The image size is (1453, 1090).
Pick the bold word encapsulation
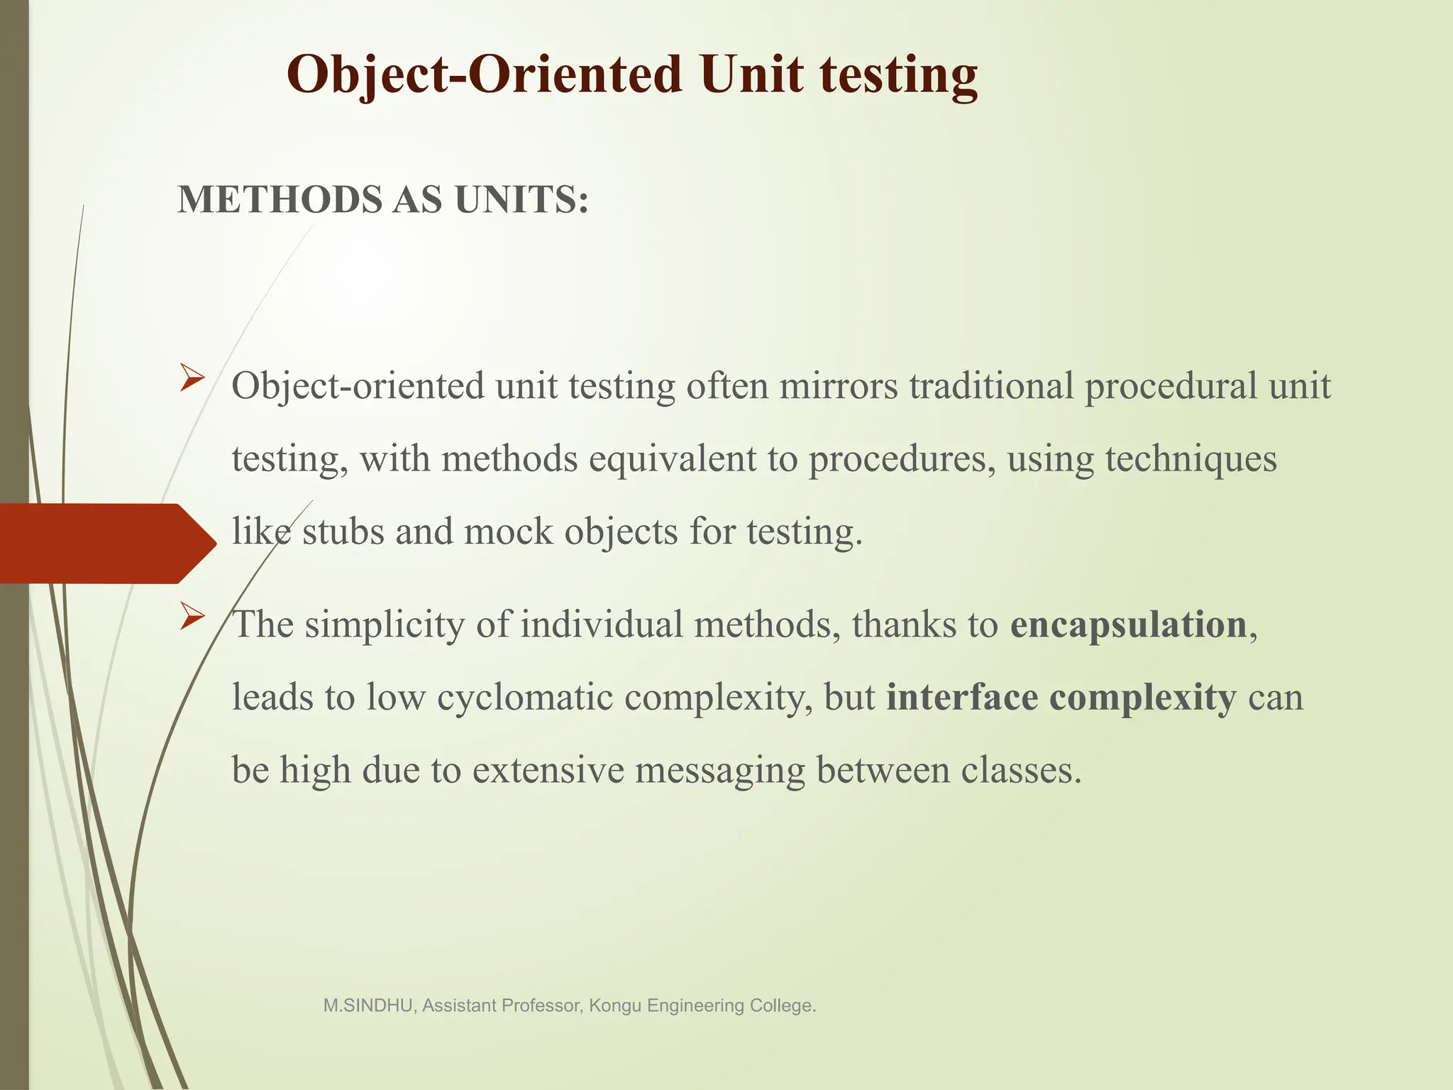point(1128,625)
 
